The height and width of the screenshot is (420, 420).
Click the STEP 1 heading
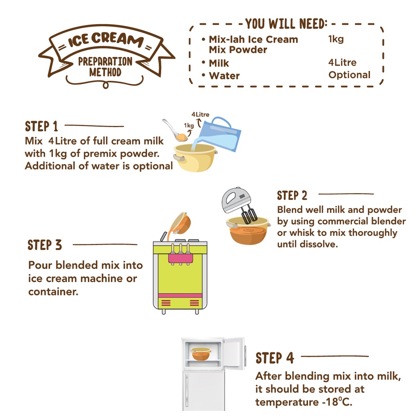tap(41, 127)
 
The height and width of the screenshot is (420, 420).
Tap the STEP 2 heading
tap(292, 196)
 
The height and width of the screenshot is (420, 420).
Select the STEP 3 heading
tap(45, 245)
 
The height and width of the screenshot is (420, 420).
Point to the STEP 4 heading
tap(275, 358)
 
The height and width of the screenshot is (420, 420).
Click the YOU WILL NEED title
tap(286, 24)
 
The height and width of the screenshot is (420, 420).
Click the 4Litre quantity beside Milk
tap(342, 63)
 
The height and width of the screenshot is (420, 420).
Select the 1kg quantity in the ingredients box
tap(336, 39)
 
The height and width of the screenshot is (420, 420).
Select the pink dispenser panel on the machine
tap(180, 258)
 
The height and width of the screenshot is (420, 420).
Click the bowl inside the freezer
tap(200, 354)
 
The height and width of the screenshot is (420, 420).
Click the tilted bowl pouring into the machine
tap(181, 223)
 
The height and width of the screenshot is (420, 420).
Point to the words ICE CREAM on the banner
tap(106, 40)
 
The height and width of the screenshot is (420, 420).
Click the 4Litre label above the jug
tap(200, 115)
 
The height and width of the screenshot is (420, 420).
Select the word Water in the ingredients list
tap(224, 76)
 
